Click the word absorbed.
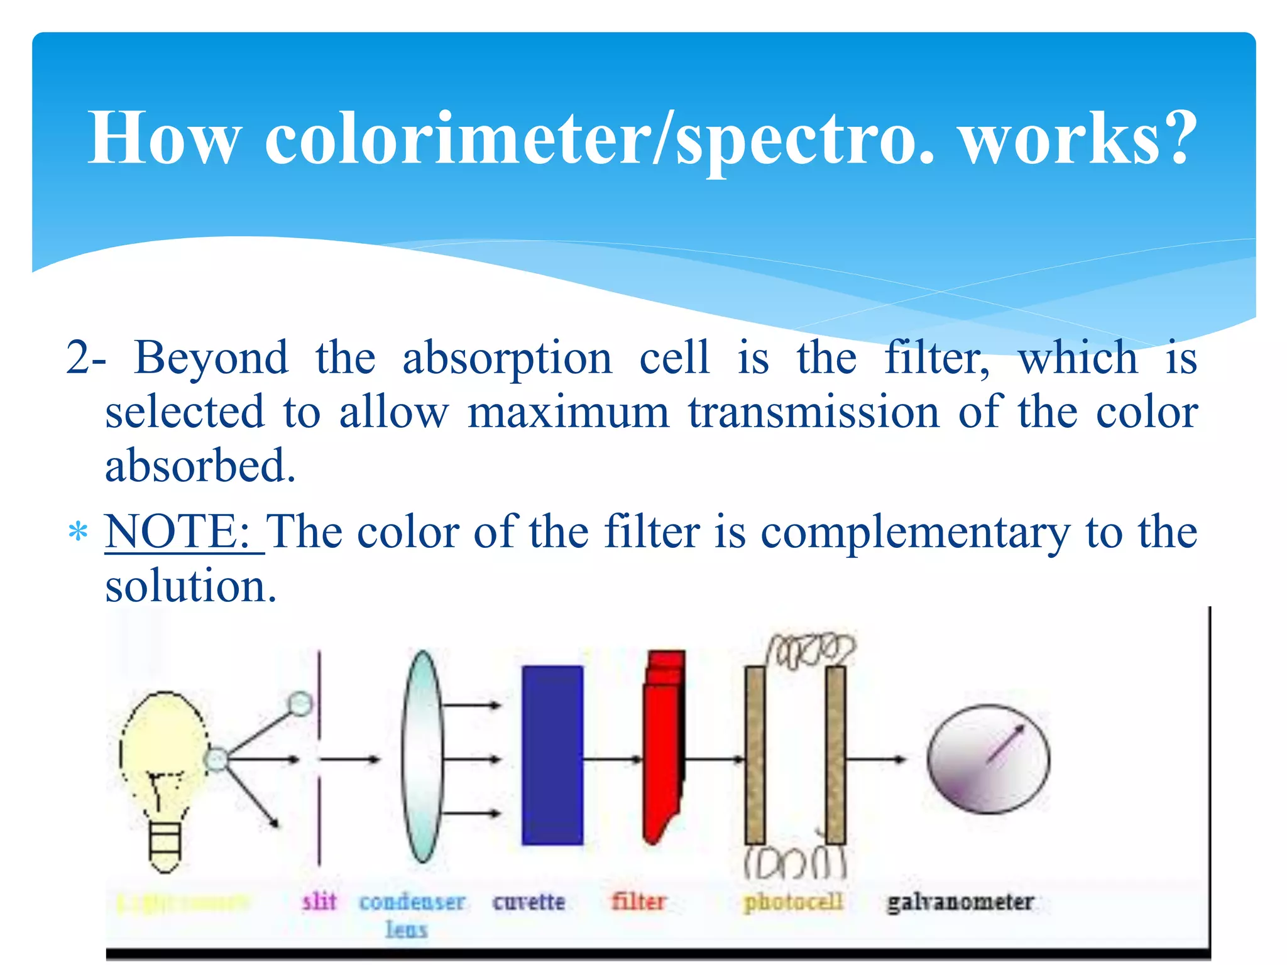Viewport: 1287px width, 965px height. click(200, 466)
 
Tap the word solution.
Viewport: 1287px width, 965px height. click(190, 586)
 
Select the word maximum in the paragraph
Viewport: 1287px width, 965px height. click(568, 413)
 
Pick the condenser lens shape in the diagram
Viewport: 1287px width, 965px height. click(422, 756)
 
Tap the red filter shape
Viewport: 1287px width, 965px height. click(663, 748)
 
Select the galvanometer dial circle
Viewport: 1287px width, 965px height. click(988, 759)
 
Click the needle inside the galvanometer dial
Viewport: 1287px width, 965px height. click(1006, 744)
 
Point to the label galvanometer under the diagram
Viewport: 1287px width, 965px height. click(960, 902)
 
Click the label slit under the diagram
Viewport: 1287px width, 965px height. click(319, 902)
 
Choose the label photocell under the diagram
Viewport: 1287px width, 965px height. click(793, 902)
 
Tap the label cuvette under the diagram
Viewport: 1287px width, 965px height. click(528, 902)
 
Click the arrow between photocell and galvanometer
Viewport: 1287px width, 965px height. click(876, 760)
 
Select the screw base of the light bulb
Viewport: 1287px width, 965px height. click(165, 845)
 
